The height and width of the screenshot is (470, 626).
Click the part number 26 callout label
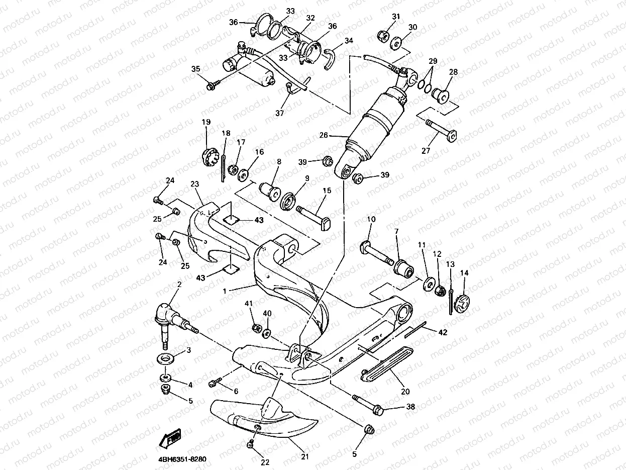324,135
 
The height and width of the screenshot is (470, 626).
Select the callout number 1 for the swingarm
225,291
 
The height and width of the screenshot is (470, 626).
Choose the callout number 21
305,456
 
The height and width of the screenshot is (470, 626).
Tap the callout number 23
195,184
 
